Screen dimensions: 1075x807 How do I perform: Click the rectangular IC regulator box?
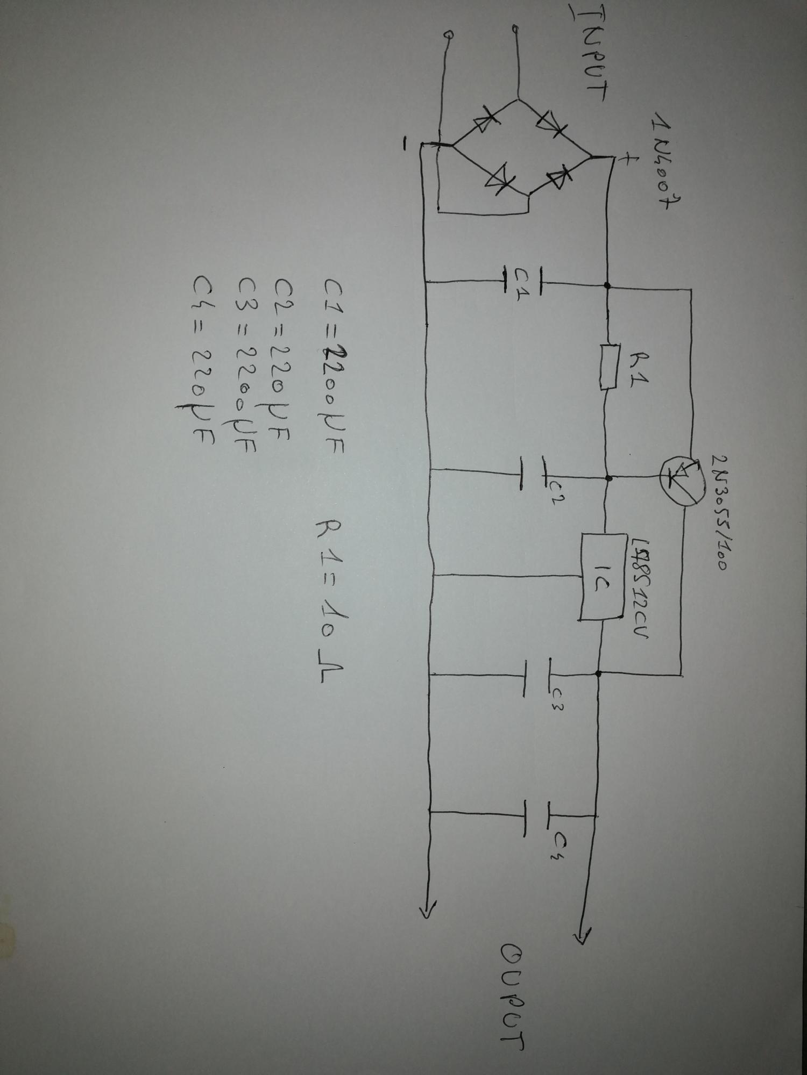[x=603, y=576]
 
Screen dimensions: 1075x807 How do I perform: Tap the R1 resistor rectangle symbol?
[x=608, y=367]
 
